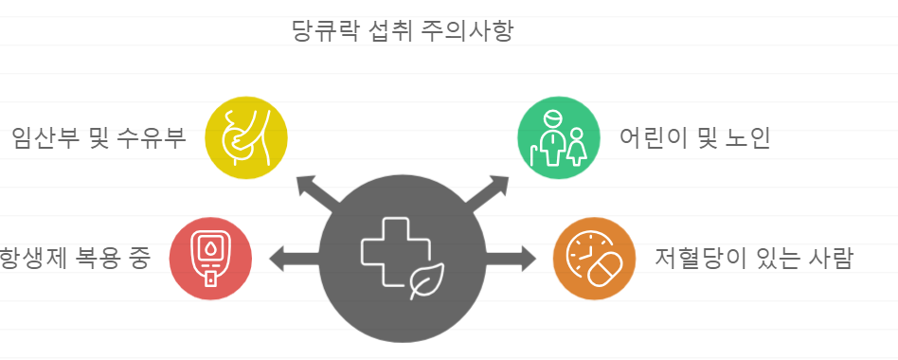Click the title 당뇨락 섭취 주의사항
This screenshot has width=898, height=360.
point(403,31)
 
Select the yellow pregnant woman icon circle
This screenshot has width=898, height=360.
point(245,138)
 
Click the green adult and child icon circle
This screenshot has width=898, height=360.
point(559,138)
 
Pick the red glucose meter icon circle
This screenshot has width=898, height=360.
point(210,257)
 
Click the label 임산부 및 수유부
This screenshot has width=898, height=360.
point(99,138)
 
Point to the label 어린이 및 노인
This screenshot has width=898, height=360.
point(694,138)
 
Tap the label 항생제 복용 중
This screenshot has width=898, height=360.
point(74,258)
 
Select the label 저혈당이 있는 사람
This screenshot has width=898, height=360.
point(754,258)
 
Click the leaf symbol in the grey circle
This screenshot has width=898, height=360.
point(427,281)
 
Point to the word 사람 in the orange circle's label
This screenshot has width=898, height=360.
point(830,258)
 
